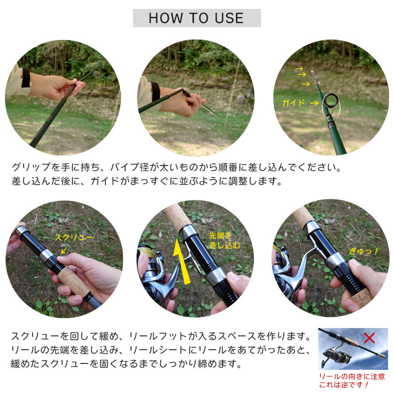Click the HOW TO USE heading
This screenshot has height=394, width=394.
[196, 18]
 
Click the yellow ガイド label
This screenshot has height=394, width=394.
[294, 102]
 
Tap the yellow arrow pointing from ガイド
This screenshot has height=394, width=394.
[314, 103]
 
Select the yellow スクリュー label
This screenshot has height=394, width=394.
[74, 237]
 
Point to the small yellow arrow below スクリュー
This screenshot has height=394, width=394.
[65, 250]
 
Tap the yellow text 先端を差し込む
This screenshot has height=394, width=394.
[225, 240]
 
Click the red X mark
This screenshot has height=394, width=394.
[369, 338]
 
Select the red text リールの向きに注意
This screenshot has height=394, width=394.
[352, 376]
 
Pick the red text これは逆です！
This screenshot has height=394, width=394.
[344, 385]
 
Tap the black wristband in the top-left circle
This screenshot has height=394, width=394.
[26, 78]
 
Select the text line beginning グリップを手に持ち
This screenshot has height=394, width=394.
[176, 167]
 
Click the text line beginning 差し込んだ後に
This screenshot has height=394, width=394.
[147, 181]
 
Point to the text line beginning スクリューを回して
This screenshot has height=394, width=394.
[161, 336]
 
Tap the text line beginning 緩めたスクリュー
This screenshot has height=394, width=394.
[126, 363]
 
